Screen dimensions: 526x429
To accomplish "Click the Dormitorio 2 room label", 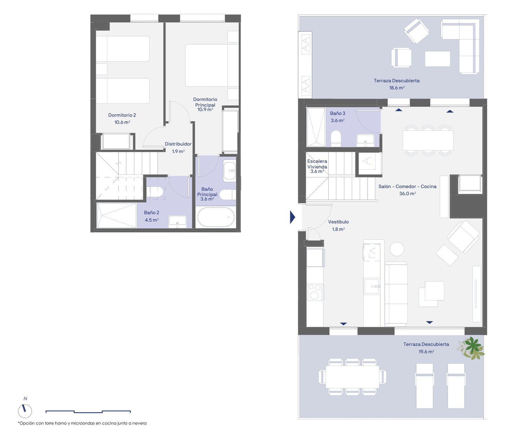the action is point(122,115).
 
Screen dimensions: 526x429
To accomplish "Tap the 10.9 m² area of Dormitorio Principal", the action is point(205,109).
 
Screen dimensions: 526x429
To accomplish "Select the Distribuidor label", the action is point(178,144).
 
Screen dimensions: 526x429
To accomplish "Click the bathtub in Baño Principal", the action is point(216,217).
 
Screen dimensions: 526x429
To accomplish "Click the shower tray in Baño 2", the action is point(117,215).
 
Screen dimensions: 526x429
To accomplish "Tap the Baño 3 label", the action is point(337,114).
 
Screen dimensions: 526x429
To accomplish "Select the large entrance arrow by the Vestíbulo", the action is point(292,217).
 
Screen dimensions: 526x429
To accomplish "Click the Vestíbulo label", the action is point(338,222).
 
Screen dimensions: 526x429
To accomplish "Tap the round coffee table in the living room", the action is point(397,249).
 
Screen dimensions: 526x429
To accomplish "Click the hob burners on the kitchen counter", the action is point(315,292).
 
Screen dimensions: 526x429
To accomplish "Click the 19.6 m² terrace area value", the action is point(426,352).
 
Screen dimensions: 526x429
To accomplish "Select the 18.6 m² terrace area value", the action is point(397,88).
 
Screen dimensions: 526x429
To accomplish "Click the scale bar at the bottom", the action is point(88,411).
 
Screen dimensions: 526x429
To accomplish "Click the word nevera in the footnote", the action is point(140,423).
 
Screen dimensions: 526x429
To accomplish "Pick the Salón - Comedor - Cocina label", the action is point(407,186).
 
